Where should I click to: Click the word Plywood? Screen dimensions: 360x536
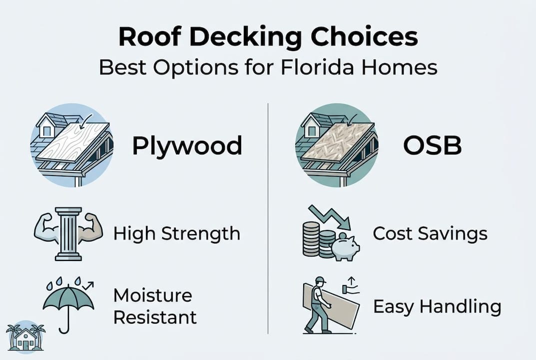pos(187,145)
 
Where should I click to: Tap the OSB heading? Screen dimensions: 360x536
pos(432,145)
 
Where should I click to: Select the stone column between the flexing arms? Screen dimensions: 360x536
pos(68,234)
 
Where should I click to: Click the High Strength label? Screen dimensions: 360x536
pos(177,233)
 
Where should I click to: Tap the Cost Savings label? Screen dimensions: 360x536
pos(430,233)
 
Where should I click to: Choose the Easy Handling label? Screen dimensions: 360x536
pos(437,306)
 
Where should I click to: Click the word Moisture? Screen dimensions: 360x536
pos(152,295)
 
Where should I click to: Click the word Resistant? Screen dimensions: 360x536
pos(155,316)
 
